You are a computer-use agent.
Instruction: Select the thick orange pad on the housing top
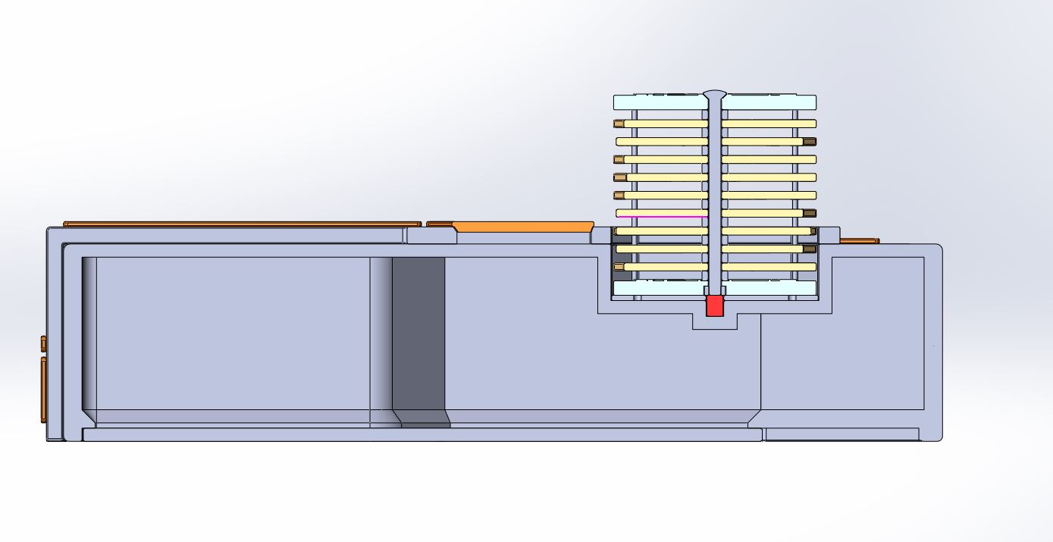pyautogui.click(x=523, y=226)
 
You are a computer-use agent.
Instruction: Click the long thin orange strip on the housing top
pyautogui.click(x=242, y=224)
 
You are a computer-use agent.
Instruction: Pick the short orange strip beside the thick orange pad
pyautogui.click(x=439, y=224)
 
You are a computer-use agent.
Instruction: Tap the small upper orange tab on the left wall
pyautogui.click(x=43, y=344)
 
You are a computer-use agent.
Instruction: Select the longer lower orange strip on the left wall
pyautogui.click(x=43, y=390)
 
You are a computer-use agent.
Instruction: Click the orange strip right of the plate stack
pyautogui.click(x=860, y=241)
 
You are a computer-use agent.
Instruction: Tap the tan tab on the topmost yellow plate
pyautogui.click(x=619, y=124)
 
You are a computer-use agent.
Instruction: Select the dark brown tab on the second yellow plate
pyautogui.click(x=810, y=142)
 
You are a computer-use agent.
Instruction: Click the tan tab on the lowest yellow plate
pyautogui.click(x=619, y=268)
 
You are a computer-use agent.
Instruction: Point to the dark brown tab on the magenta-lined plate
pyautogui.click(x=810, y=214)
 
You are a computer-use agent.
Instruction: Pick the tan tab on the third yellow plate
pyautogui.click(x=619, y=159)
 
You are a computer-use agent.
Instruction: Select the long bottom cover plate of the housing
pyautogui.click(x=422, y=434)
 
